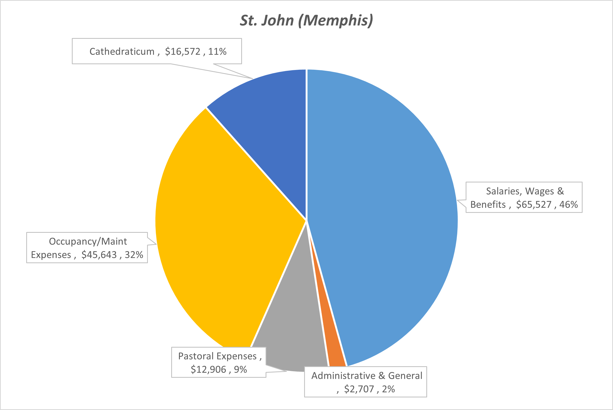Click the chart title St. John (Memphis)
coord(306,20)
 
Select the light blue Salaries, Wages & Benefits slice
coord(380,210)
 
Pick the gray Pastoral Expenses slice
coord(294,328)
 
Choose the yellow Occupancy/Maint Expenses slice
coord(223,223)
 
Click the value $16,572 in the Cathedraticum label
coord(182,52)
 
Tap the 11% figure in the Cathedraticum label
coord(217,52)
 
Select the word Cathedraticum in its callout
coord(122,52)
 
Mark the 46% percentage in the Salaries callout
coord(568,205)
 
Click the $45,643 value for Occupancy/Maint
coord(99,255)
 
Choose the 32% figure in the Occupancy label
coord(134,255)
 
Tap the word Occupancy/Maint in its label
coord(88,241)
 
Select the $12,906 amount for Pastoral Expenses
coord(208,370)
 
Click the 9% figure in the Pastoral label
coord(240,370)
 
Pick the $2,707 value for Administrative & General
coord(359,389)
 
